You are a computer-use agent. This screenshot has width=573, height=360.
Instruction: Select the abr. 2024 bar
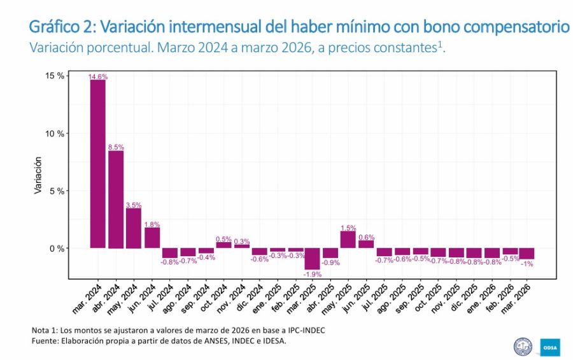pos(116,199)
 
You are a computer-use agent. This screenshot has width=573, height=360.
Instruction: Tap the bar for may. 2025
pos(348,239)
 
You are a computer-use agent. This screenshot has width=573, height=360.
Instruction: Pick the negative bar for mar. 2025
pos(312,259)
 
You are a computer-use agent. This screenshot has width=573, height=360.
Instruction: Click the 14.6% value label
pos(97,76)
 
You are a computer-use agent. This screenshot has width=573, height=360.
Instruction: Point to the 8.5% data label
pos(116,147)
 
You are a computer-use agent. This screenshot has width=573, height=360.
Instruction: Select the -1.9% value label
pos(312,274)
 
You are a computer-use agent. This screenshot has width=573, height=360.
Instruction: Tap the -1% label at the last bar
pos(527,263)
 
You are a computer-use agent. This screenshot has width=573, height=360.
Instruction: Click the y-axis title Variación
pos(38,175)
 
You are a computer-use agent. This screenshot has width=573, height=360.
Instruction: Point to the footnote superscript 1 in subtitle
pos(439,44)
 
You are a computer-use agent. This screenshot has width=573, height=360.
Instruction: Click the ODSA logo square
pos(549,346)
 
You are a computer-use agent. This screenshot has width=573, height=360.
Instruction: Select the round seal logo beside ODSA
pos(523,346)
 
